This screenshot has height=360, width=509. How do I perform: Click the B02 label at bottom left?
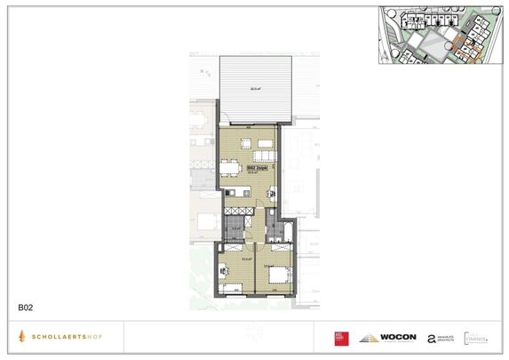coord(25,308)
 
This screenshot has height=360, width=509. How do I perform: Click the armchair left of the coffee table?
coord(243,143)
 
